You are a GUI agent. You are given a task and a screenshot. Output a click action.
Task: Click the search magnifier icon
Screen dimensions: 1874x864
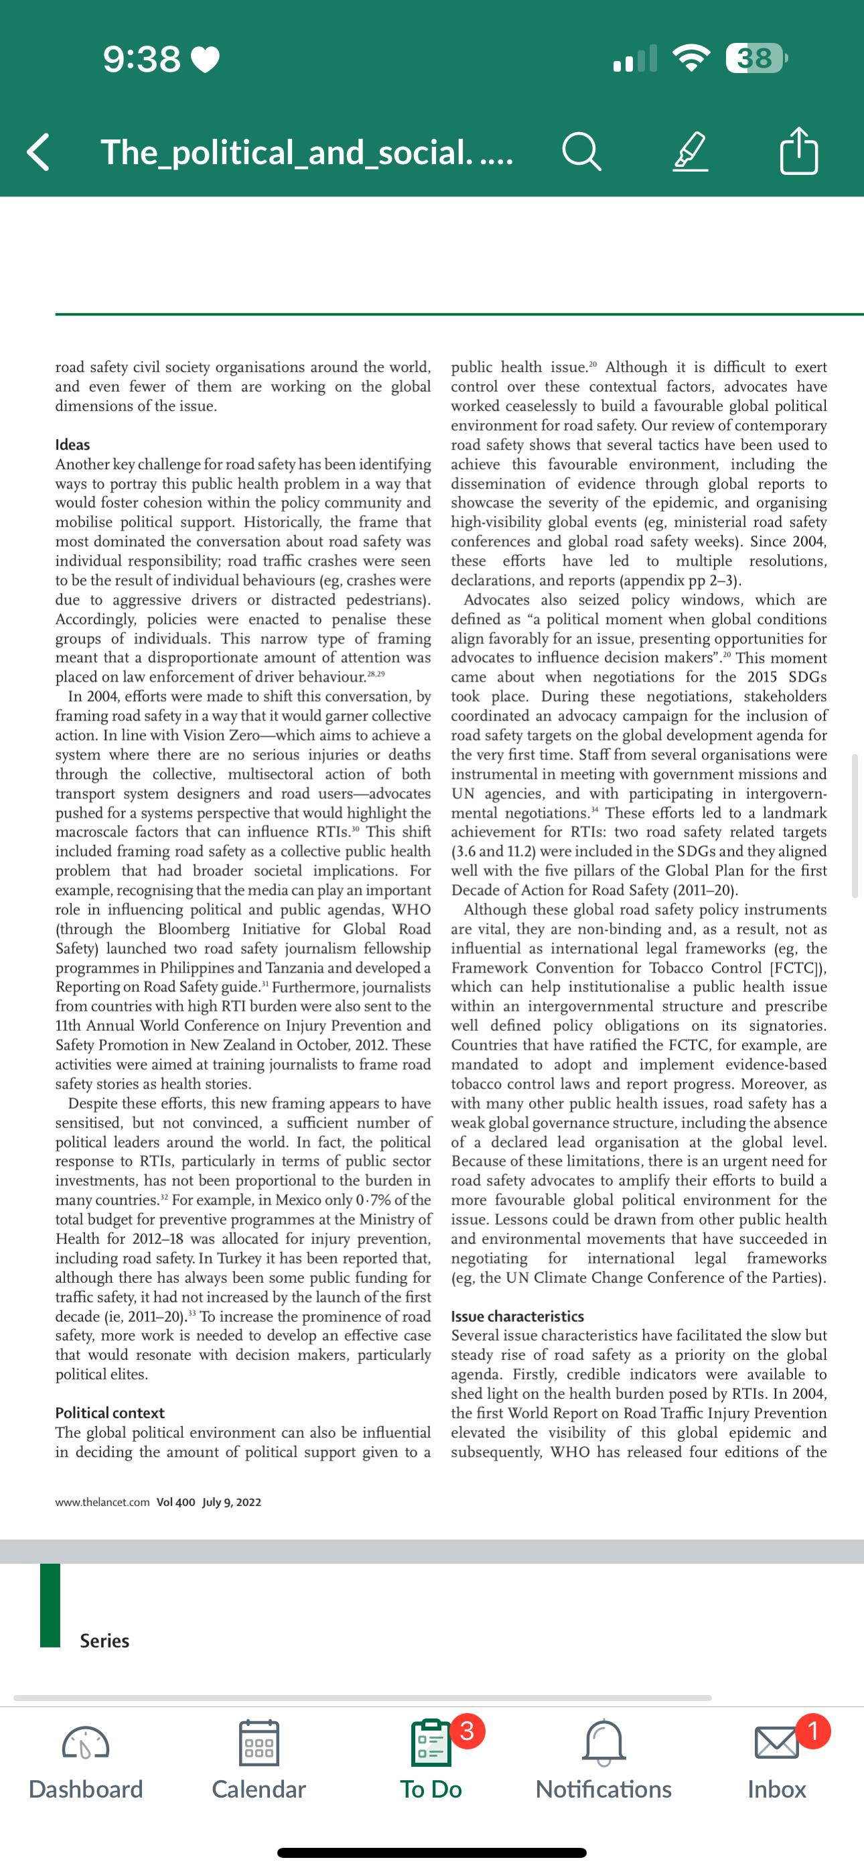coord(581,151)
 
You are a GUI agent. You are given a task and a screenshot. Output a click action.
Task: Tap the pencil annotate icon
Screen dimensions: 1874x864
coord(690,151)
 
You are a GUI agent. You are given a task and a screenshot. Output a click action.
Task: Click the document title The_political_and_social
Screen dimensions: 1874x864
coord(306,152)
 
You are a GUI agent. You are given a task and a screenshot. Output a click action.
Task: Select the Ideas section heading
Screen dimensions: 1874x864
coord(73,444)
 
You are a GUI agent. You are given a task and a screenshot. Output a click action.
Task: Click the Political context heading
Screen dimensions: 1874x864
coord(110,1413)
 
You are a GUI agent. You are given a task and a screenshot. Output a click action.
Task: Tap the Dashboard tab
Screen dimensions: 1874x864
coord(86,1761)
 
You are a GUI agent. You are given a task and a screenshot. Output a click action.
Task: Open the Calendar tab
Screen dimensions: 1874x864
coord(259,1761)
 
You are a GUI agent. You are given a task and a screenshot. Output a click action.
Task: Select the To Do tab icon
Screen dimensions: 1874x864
coord(431,1743)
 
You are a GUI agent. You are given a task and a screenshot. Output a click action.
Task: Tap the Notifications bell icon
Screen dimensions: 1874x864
coord(603,1743)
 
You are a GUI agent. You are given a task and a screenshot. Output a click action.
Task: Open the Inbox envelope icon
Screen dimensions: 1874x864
coord(776,1743)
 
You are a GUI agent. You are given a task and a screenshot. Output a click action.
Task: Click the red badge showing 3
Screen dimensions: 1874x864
coord(467,1731)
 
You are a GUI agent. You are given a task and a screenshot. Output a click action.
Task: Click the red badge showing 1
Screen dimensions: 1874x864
coord(813,1731)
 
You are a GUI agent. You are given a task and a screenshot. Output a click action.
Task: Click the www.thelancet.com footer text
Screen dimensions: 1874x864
coord(102,1502)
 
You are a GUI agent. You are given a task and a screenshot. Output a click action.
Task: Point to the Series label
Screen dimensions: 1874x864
coord(104,1641)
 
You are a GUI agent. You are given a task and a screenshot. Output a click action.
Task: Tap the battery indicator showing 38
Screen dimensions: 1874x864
coord(756,58)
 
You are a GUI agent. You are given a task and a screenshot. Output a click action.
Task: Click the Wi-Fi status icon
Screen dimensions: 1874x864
coord(692,58)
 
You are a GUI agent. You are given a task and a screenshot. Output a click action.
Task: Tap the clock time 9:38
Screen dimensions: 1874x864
coord(142,59)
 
